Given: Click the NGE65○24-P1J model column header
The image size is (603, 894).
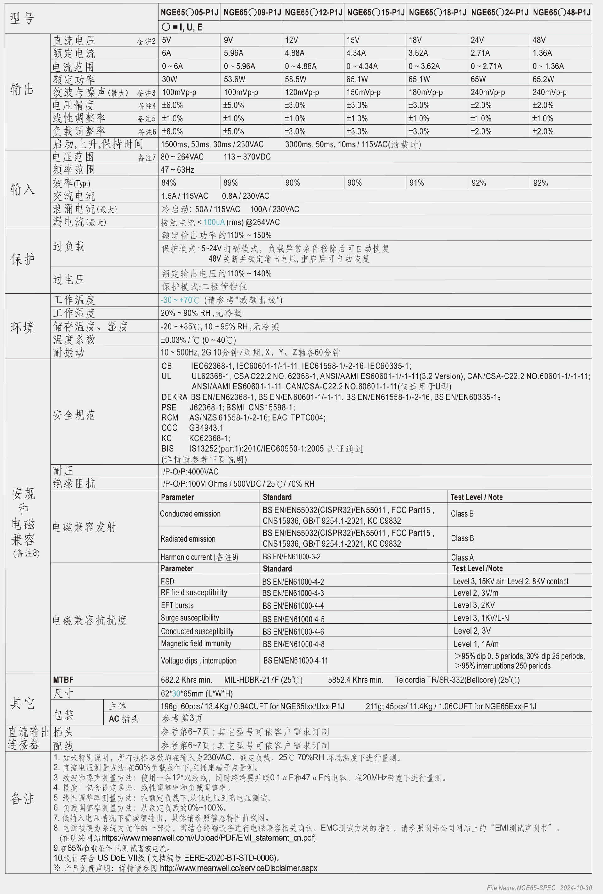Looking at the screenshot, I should [x=499, y=13].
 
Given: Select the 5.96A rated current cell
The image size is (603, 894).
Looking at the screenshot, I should [x=233, y=53].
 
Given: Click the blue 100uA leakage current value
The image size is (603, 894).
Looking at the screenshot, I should [x=214, y=222].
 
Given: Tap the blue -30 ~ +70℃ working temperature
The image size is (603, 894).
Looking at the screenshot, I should [x=180, y=300].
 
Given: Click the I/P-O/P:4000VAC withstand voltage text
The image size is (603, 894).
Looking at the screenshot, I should [x=190, y=471].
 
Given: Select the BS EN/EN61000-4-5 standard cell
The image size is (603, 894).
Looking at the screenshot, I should [x=293, y=619].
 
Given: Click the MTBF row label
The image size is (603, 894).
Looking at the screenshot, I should [x=63, y=680].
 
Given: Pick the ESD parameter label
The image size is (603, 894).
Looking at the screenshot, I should [x=167, y=581].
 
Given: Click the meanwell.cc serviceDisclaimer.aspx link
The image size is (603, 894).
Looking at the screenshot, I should [x=238, y=868].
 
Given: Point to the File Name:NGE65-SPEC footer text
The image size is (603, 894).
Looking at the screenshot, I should [x=521, y=887].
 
